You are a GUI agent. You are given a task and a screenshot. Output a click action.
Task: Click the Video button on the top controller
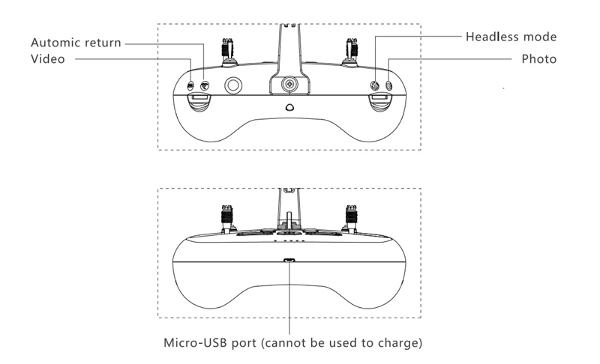tap(191, 85)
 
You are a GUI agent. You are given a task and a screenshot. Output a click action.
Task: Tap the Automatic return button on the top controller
tap(204, 85)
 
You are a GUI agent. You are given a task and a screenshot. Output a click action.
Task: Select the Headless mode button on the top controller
tap(376, 86)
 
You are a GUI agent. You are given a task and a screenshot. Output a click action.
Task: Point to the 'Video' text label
tap(46, 58)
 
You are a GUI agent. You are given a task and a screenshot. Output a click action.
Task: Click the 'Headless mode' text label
tap(511, 36)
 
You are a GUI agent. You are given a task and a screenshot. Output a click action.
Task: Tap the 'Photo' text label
tap(539, 58)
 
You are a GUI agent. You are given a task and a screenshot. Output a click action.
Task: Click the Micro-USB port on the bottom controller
tap(289, 261)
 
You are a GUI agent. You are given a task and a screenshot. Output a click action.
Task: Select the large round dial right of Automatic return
tap(235, 86)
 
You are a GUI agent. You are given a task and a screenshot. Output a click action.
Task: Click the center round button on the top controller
tap(289, 85)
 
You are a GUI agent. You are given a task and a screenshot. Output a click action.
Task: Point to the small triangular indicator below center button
tap(289, 107)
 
